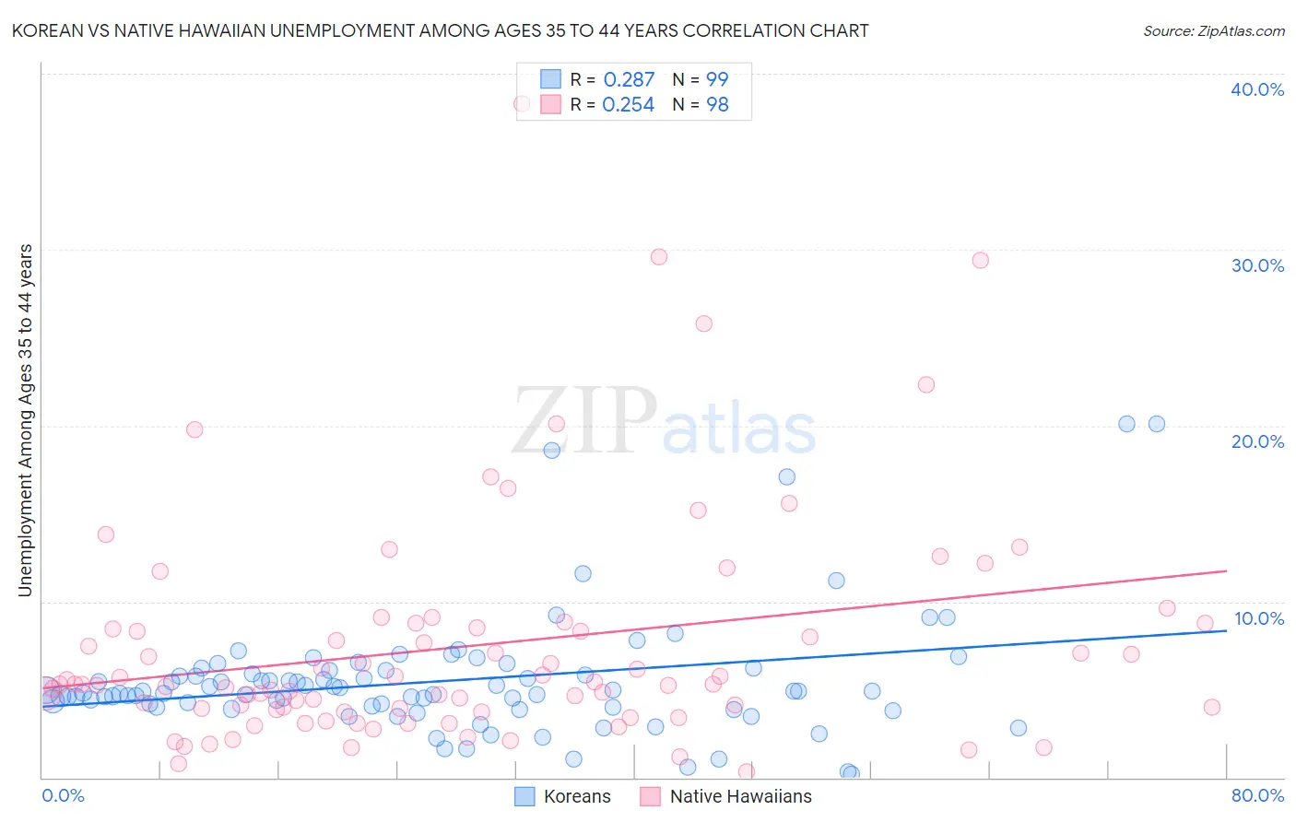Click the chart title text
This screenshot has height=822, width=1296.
point(440,31)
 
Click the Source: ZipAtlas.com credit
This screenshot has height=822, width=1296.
point(1213,31)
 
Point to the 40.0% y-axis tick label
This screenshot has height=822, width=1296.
point(1257,89)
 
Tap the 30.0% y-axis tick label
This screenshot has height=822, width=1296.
point(1257,265)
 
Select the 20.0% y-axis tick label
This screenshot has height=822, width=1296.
point(1257,441)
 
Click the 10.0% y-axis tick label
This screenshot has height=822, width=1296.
point(1257,618)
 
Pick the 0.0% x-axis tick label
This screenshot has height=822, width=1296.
point(63,795)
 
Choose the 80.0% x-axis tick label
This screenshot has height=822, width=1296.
point(1257,795)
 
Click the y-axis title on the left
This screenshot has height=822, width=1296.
point(25,420)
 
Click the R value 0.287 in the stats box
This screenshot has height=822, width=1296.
point(629,80)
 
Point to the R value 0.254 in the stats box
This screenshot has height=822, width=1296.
point(629,105)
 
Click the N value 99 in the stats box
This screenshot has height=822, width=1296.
point(717,80)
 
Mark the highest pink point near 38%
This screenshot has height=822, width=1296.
point(522,104)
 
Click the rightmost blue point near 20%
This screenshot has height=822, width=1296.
point(1156,424)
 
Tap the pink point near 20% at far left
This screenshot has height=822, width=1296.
point(194,429)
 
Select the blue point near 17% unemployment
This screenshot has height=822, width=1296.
point(786,476)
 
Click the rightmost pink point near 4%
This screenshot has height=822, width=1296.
point(1211,707)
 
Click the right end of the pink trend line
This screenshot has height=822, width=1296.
point(1226,571)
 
